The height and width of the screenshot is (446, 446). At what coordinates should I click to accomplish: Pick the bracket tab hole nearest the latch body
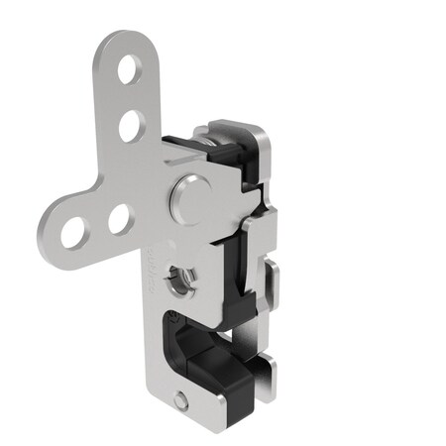119,217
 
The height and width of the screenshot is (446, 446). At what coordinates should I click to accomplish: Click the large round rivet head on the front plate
193,198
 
